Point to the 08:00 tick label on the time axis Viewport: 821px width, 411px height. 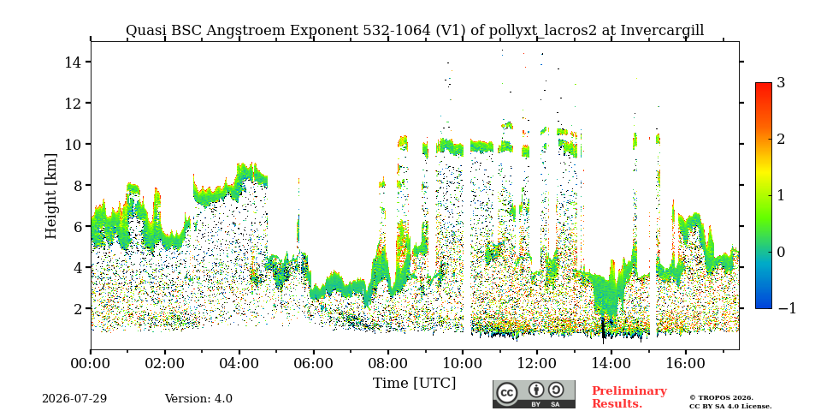click(x=388, y=363)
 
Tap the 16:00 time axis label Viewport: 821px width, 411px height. click(x=685, y=363)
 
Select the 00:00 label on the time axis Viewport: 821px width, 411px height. click(x=91, y=363)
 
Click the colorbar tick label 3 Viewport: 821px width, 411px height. click(x=781, y=83)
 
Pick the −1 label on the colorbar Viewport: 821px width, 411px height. click(x=787, y=308)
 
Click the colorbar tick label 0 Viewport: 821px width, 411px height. click(x=781, y=252)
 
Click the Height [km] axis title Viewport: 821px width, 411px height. click(x=50, y=196)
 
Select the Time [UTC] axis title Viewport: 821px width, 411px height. click(x=414, y=384)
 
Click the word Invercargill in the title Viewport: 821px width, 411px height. click(x=662, y=31)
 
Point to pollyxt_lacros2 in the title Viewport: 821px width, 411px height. click(x=542, y=31)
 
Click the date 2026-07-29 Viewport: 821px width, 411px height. click(x=74, y=399)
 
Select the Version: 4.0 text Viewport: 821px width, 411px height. click(x=198, y=399)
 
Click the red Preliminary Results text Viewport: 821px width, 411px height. click(x=629, y=397)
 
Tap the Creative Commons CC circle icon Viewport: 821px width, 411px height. click(x=507, y=394)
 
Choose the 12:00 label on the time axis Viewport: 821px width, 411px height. click(x=537, y=363)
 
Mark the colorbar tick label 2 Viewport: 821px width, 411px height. click(x=781, y=139)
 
